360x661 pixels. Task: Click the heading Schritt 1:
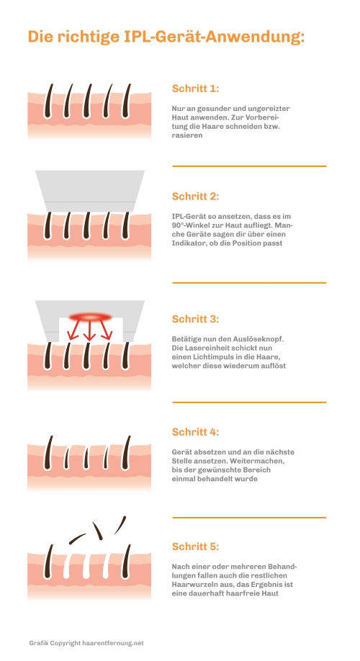195,89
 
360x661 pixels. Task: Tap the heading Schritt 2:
195,197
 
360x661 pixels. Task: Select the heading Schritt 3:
195,319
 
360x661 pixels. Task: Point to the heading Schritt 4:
195,432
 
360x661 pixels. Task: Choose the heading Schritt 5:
195,547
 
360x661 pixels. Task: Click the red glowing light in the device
90,317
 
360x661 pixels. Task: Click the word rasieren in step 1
187,135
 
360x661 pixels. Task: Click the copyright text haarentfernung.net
113,643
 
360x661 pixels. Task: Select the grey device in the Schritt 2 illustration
90,191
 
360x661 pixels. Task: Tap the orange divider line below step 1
249,166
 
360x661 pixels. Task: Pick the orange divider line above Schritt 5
249,517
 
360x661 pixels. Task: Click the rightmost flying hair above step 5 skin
120,525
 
